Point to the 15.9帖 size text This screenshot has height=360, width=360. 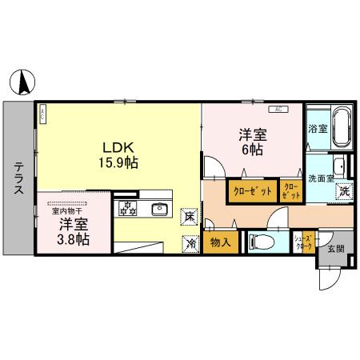[x=118, y=162]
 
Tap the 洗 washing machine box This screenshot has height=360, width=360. [x=342, y=191]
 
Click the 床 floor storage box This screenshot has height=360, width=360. [x=190, y=216]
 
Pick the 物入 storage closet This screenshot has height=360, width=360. [x=219, y=242]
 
